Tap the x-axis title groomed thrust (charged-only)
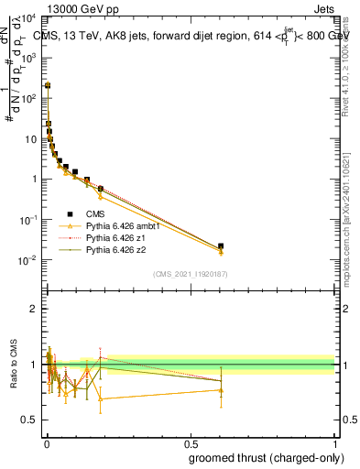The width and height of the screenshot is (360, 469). point(273,458)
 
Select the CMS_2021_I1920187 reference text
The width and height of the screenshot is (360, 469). point(189,274)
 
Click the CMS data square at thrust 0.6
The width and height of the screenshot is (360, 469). point(220,246)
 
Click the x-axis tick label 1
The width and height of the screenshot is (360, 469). point(334,443)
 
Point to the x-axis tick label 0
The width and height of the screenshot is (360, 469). point(45,443)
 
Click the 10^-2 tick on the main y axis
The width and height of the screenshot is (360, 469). point(27,260)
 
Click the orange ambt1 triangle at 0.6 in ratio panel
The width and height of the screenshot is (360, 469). point(220,390)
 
